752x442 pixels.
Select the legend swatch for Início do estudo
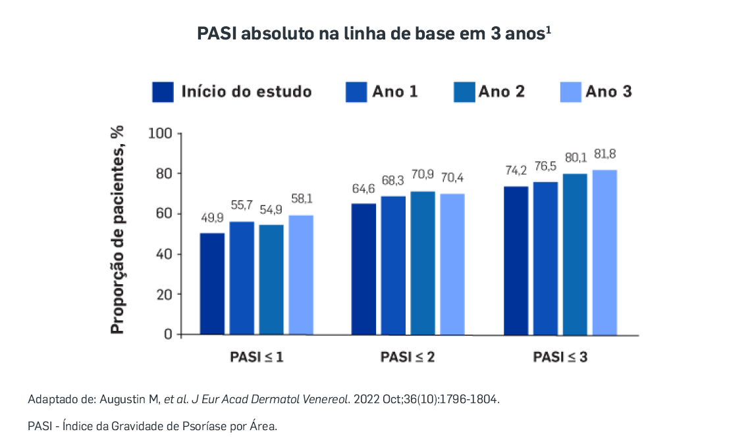(163, 92)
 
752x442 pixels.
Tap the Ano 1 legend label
(395, 91)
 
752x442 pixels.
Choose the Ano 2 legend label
(502, 91)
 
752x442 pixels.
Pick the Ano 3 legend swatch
(570, 92)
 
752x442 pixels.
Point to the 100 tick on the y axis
(161, 134)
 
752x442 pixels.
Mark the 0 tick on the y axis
(169, 334)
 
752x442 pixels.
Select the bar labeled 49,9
(213, 283)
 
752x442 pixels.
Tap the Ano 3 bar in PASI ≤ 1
(301, 275)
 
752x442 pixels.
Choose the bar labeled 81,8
(604, 252)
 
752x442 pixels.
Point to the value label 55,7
(242, 205)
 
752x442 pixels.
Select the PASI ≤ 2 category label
(408, 357)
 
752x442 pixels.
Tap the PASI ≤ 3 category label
(560, 357)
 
